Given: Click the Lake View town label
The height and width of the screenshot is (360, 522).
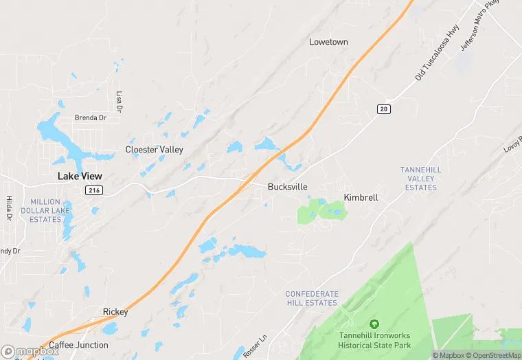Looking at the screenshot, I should pos(80,176).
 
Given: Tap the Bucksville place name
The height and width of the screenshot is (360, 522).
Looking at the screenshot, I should pos(287,187).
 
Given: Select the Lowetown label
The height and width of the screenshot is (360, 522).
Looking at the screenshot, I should pos(328,42).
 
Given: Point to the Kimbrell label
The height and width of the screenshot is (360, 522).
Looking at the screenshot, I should pos(361,197).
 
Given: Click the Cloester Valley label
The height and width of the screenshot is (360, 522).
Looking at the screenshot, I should pos(154,149).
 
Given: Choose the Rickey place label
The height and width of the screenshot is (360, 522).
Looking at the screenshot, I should pos(115,312).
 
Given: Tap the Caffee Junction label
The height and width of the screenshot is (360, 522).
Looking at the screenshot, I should pos(78,345).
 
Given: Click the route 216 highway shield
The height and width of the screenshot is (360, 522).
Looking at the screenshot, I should pos(94,190).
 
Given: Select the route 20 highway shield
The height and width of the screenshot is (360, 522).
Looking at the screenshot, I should pos(383,109).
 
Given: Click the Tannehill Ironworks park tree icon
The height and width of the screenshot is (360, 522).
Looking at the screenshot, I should pos(374,324).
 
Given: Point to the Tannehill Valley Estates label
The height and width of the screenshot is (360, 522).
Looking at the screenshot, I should pos(420,179).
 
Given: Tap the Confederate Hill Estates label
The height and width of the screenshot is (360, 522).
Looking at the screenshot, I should pos(312,298).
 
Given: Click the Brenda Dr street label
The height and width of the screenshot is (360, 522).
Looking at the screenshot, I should pos(91,117).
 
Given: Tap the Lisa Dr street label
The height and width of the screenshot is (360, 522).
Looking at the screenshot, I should pos(119,101).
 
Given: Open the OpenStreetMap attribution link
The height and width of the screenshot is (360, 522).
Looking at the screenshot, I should pos(492,355).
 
